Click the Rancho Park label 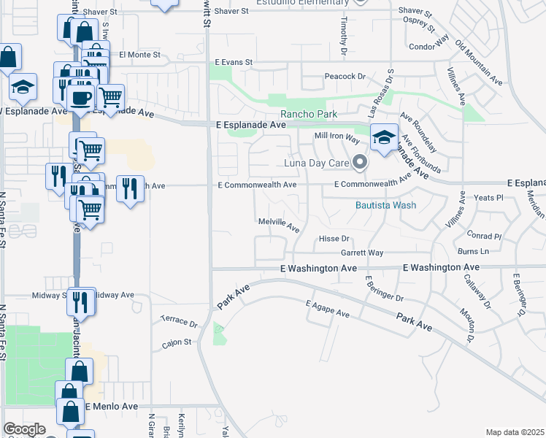click(x=309, y=114)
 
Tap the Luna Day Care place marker click(x=358, y=162)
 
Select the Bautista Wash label click(x=385, y=205)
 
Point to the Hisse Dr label click(x=335, y=239)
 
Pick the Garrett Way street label click(x=362, y=253)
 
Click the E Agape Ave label click(x=328, y=308)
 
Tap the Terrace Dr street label click(x=179, y=321)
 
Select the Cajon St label click(x=177, y=341)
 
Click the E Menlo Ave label click(x=112, y=407)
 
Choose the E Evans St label click(x=234, y=63)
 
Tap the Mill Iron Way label click(x=337, y=137)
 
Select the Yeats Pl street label click(x=489, y=197)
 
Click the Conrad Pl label click(x=485, y=237)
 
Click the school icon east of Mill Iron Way click(x=384, y=137)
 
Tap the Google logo click(x=24, y=429)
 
